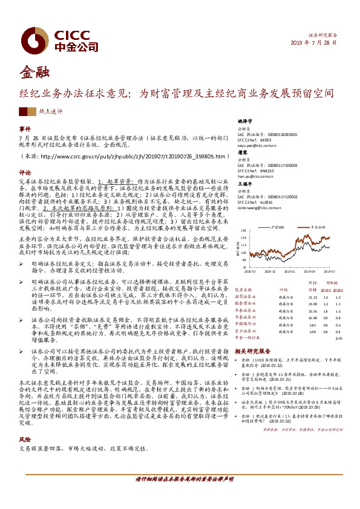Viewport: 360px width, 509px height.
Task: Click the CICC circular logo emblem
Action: (32, 37)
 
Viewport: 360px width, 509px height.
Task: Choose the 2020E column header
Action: (341, 291)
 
